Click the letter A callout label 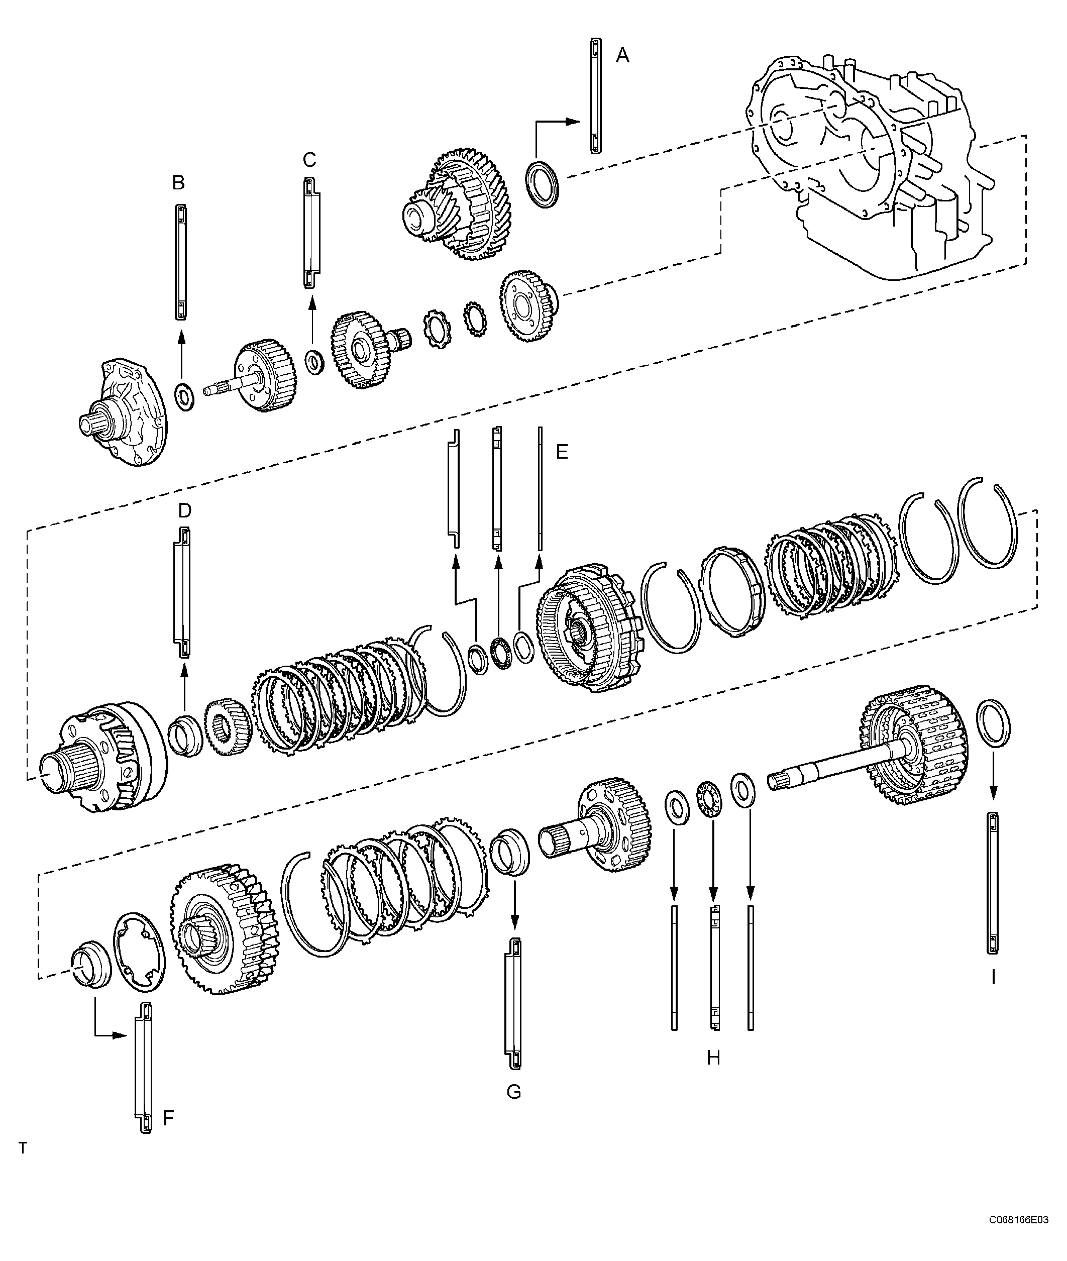tap(622, 56)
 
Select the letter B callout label tap(178, 183)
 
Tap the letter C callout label tap(309, 160)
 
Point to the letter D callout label tap(184, 510)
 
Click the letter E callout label tap(562, 452)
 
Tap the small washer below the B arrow tap(184, 396)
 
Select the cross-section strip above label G tap(513, 1005)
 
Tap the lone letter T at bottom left tap(23, 1148)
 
